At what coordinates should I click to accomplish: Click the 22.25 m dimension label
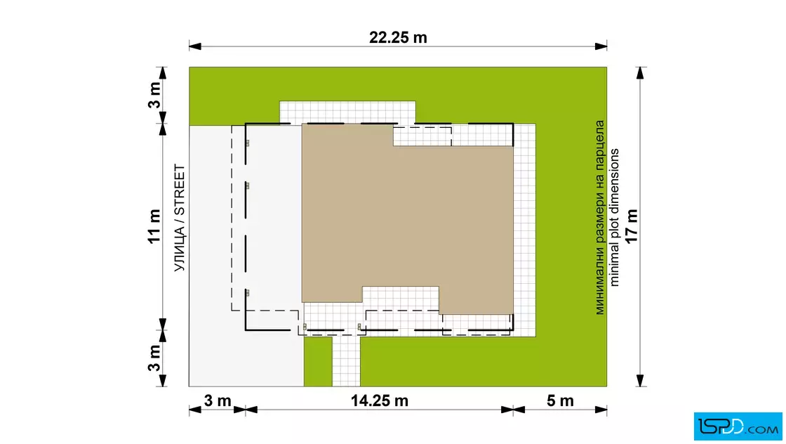click(398, 38)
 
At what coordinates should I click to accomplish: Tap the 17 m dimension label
click(632, 226)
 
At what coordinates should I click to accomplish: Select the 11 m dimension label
click(154, 226)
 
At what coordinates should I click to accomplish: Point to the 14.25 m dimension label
click(380, 401)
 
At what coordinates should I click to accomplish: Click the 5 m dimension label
click(560, 401)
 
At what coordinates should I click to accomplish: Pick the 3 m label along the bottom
click(218, 401)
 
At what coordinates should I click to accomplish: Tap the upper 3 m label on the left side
click(154, 96)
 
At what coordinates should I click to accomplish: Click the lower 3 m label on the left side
click(154, 358)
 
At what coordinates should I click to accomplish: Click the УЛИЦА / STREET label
click(180, 218)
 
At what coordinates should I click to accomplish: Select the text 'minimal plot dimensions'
click(615, 217)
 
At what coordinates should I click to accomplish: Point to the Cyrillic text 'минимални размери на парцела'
click(599, 217)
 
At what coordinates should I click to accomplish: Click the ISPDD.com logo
click(738, 426)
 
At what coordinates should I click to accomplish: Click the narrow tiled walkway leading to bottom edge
click(346, 361)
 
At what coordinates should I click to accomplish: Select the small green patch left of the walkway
click(318, 361)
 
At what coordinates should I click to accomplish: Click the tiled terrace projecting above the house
click(347, 112)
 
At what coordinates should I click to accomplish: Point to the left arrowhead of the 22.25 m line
click(195, 46)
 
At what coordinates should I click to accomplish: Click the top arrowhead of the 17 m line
click(640, 73)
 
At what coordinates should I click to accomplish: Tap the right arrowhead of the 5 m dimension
click(601, 410)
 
